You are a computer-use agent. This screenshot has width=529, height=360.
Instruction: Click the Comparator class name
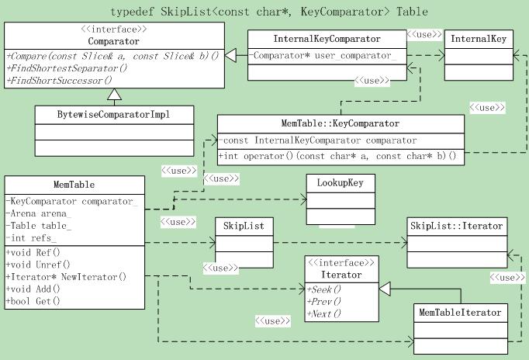[x=114, y=41]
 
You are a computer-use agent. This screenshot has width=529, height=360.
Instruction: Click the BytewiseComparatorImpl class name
[x=114, y=115]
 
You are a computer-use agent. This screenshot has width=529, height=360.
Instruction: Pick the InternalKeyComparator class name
[x=327, y=39]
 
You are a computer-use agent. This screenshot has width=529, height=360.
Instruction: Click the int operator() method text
[x=338, y=156]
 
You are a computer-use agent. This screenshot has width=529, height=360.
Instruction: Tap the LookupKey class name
[x=341, y=183]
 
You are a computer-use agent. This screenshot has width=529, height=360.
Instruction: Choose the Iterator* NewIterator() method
[x=67, y=276]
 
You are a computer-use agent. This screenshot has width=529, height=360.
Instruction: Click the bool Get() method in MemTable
[x=36, y=300]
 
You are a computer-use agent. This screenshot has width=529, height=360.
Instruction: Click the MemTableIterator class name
[x=460, y=313]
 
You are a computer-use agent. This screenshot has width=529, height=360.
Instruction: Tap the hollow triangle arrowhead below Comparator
[x=114, y=95]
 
